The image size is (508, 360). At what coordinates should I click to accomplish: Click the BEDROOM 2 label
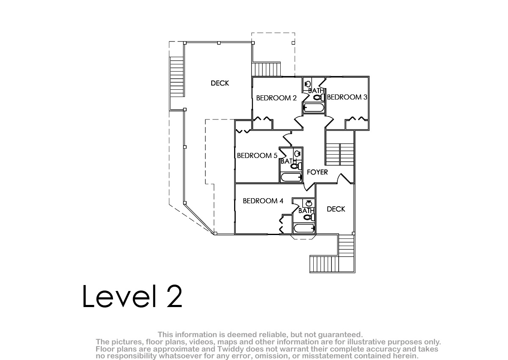[276, 98]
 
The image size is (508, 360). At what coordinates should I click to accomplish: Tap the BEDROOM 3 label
[347, 97]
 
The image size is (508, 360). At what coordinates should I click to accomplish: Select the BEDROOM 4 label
[263, 201]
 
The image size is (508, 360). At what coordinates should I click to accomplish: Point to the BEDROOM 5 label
[257, 155]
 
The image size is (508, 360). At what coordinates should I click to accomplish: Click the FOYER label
[317, 172]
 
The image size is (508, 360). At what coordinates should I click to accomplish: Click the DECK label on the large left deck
[220, 83]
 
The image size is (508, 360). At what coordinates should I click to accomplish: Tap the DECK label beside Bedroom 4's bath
[336, 209]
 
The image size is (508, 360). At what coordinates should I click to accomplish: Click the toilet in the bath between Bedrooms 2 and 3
[319, 97]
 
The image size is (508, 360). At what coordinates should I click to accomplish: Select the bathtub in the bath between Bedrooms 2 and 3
[314, 108]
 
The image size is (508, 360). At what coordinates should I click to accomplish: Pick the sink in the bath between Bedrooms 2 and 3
[307, 84]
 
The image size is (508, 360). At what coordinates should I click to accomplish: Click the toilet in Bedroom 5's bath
[296, 166]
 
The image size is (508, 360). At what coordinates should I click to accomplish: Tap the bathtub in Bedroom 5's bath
[291, 177]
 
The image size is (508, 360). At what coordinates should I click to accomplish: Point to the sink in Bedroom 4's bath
[309, 203]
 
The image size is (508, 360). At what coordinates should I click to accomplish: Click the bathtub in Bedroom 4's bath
[304, 228]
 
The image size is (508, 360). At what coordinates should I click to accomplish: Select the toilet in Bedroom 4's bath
[309, 217]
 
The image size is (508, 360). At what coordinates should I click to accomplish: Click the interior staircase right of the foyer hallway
[340, 154]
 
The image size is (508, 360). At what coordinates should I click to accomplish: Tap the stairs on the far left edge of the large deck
[177, 77]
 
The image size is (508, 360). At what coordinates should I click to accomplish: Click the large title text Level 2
[132, 296]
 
